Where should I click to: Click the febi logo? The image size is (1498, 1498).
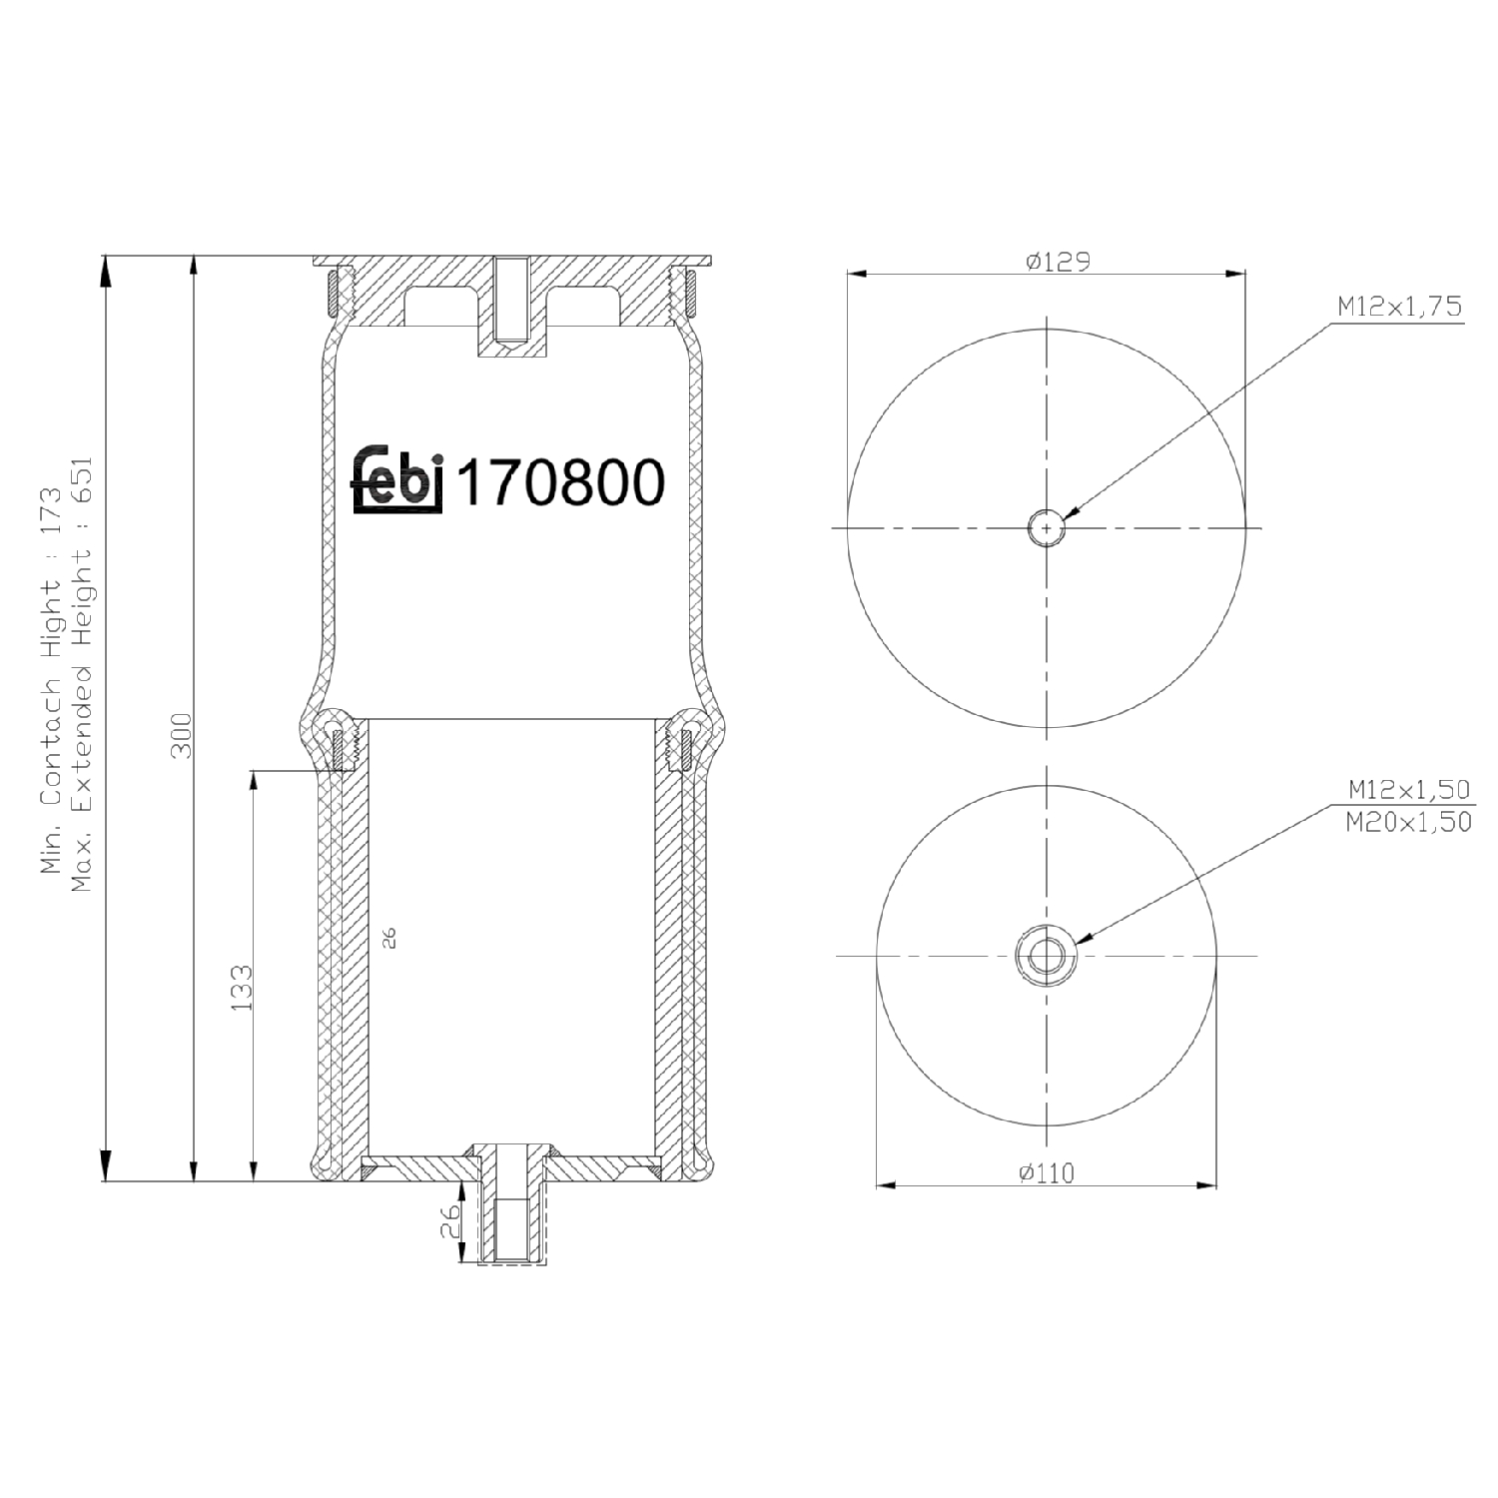[x=397, y=480]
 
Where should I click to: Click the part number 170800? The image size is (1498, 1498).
[x=560, y=483]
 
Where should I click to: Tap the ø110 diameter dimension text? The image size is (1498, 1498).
[x=1046, y=1172]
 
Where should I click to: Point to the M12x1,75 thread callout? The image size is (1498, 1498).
[x=1399, y=307]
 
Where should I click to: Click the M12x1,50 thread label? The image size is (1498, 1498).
[x=1408, y=789]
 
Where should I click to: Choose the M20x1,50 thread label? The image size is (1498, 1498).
[x=1408, y=822]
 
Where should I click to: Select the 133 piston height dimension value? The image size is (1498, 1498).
[x=242, y=987]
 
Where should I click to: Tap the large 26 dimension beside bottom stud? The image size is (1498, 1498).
[x=450, y=1220]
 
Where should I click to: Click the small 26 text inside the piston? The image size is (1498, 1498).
[x=389, y=937]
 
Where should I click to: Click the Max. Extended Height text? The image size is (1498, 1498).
[x=82, y=674]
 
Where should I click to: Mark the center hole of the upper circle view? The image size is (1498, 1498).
[x=1047, y=527]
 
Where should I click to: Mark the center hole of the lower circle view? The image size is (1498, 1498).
[x=1046, y=956]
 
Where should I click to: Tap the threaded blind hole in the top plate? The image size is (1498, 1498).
[x=511, y=300]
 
